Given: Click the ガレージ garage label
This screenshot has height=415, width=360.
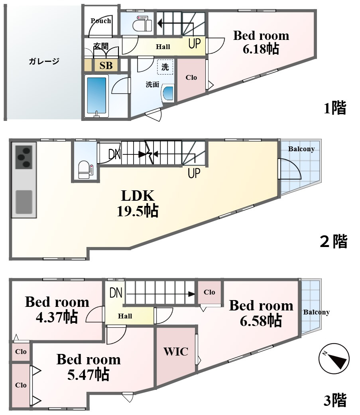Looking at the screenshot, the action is coord(44,61).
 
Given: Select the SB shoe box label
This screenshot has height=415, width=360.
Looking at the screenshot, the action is coord(106,65).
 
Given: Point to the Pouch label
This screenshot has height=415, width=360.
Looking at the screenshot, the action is coord(101,21).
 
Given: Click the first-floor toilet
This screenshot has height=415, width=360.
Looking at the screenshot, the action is coord(142,24).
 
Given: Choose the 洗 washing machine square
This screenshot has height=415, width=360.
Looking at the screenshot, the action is coord(165,67).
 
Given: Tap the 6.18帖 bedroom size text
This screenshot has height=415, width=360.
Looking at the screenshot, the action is coord(261,49).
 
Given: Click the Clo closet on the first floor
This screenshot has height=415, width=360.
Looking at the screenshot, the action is coord(191,77).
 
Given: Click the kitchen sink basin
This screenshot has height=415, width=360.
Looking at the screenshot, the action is coord(24,202).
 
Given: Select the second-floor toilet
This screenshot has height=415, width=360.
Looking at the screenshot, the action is coord(86,170).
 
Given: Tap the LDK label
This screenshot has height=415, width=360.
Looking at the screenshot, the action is coord(138,196).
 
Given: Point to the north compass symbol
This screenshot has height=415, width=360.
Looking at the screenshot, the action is coord(334,359).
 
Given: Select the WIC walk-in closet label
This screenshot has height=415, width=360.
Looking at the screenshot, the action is coord(176,352).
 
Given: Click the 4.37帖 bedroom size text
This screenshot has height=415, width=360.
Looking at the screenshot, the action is coord(57,317).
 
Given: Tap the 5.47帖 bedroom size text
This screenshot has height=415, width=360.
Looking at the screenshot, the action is coord(89,375).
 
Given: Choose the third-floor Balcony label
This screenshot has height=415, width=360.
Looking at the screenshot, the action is coord(317,312).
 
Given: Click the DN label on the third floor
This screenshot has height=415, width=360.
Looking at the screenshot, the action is coord(116,293).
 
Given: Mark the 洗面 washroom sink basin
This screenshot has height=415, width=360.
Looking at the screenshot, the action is coord(168,93).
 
